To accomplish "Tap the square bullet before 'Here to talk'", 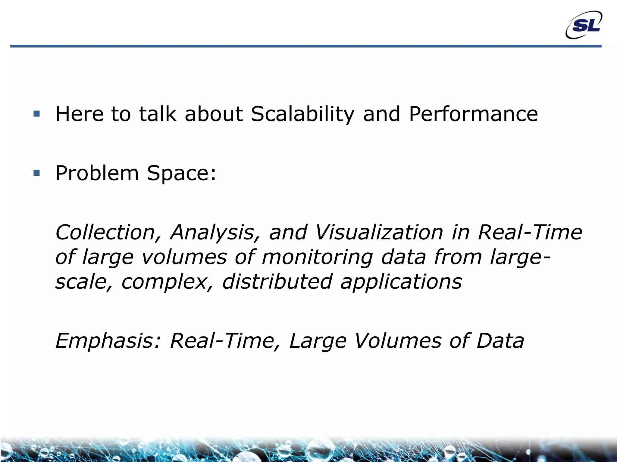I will [x=37, y=114].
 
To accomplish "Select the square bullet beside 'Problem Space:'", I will [x=37, y=173].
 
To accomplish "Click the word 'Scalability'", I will [x=302, y=114].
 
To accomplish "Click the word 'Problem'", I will [x=97, y=173].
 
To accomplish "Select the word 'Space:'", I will [x=182, y=174].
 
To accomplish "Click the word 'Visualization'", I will [x=379, y=233].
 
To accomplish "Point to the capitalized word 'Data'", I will [x=500, y=341].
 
